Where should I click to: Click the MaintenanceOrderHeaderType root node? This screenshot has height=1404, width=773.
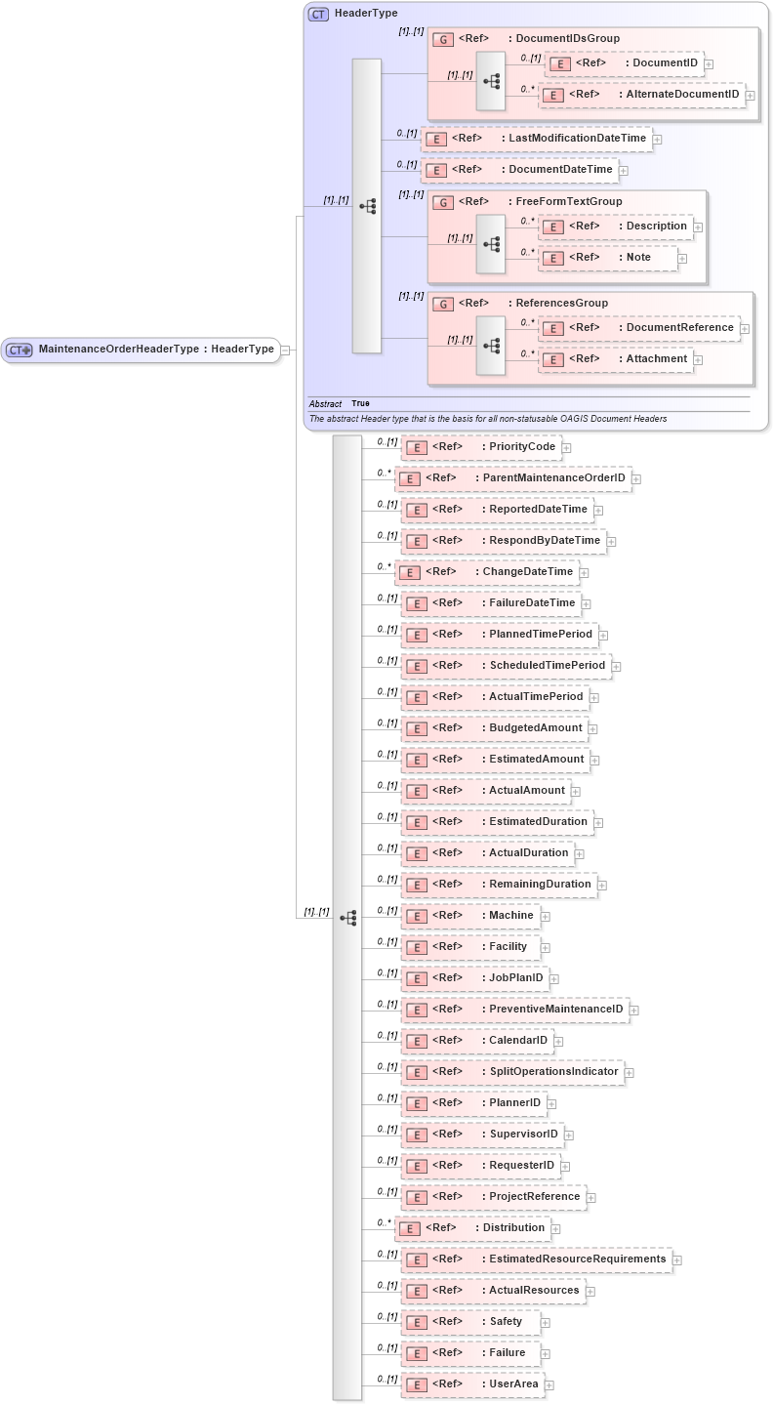pyautogui.click(x=142, y=350)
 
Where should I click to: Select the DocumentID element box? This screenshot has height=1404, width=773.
pyautogui.click(x=626, y=63)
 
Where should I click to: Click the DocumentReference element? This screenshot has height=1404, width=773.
pyautogui.click(x=639, y=328)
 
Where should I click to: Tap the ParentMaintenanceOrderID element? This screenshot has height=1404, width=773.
pyautogui.click(x=512, y=478)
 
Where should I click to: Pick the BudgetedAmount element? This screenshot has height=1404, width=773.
pyautogui.click(x=494, y=728)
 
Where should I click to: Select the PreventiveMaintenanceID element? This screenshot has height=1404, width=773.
pyautogui.click(x=514, y=1010)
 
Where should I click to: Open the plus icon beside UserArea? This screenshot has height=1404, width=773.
pyautogui.click(x=549, y=1384)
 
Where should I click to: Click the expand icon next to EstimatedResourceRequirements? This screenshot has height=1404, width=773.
pyautogui.click(x=677, y=1259)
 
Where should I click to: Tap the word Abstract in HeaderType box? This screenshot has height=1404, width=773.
pyautogui.click(x=325, y=403)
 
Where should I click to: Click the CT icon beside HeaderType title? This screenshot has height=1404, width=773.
pyautogui.click(x=318, y=15)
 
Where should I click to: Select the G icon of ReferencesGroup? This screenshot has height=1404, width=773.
pyautogui.click(x=442, y=304)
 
